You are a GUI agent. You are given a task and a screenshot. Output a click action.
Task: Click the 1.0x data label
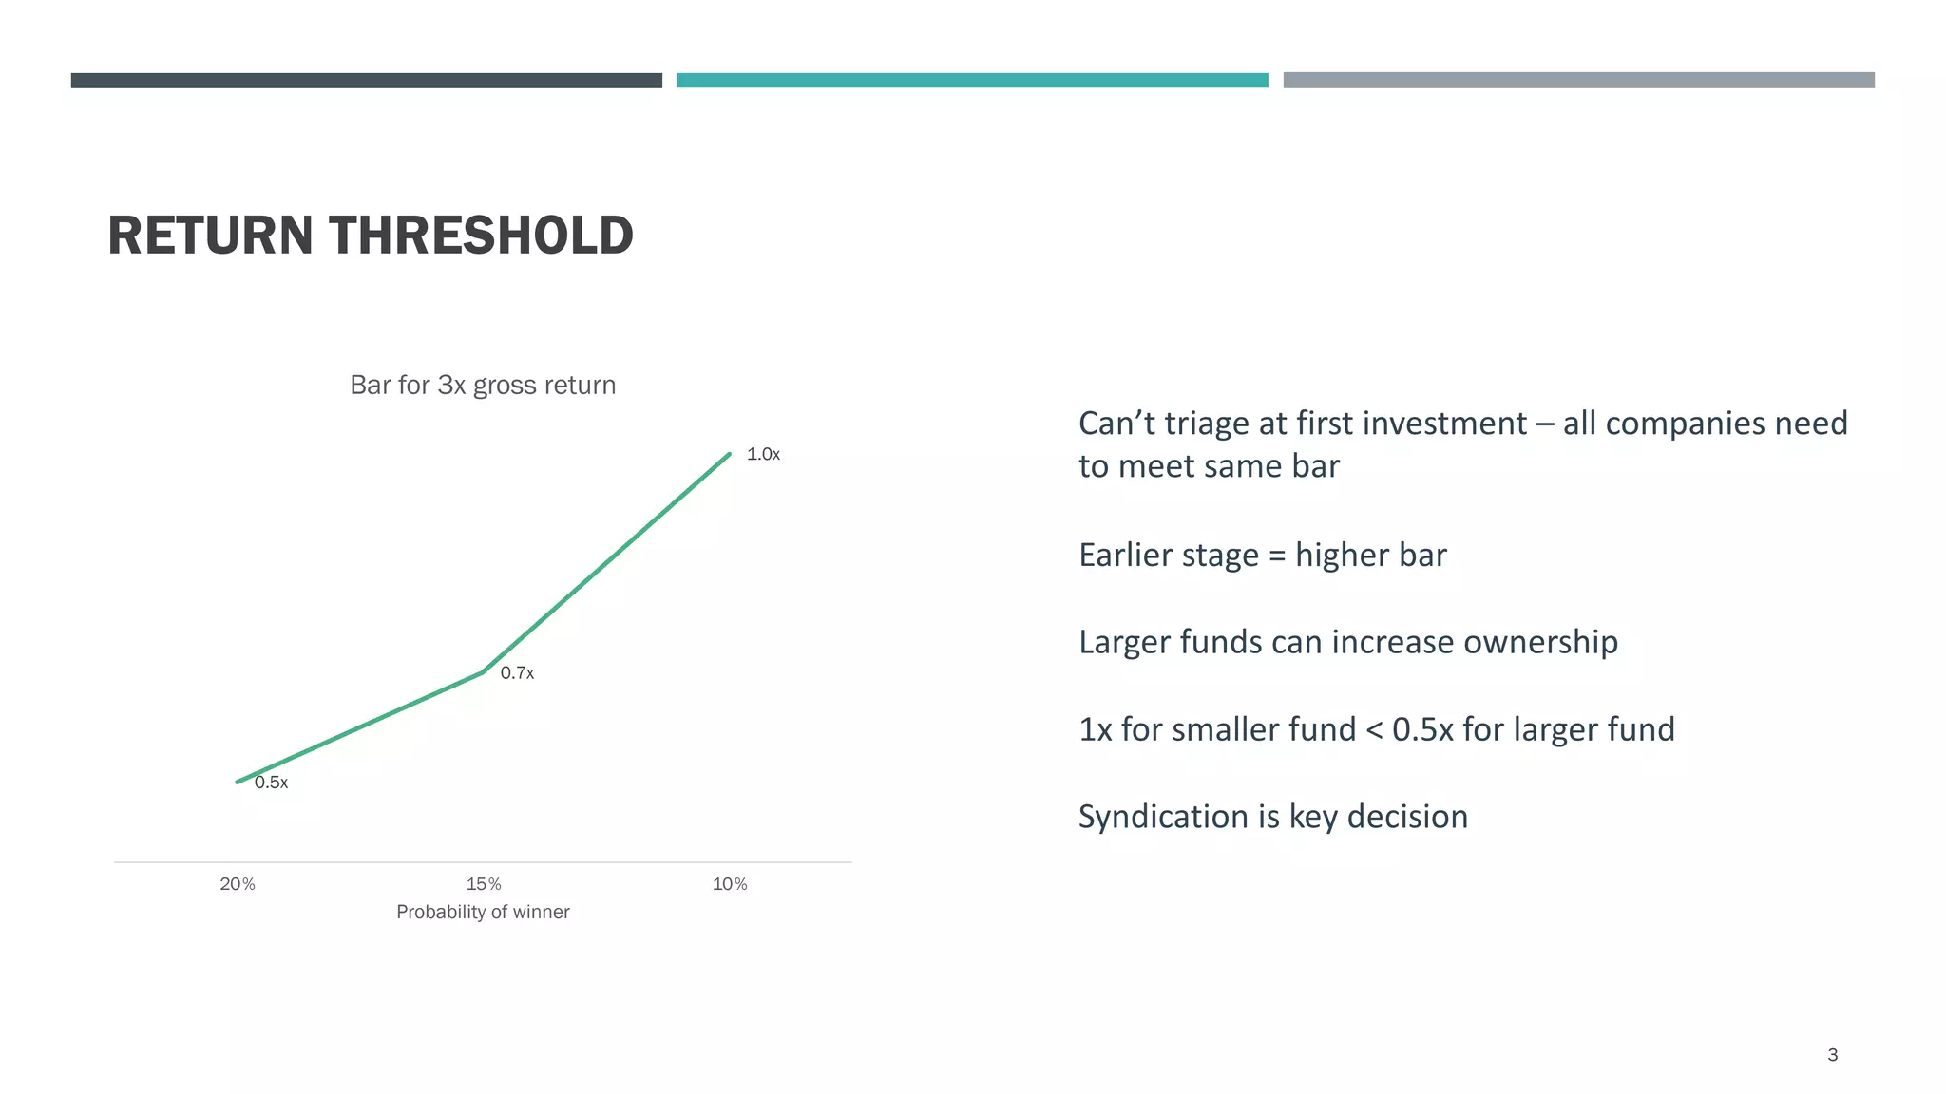[x=763, y=455]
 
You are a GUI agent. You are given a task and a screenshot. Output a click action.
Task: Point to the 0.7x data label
[x=517, y=673]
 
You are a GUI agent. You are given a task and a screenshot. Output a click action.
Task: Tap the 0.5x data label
[x=271, y=783]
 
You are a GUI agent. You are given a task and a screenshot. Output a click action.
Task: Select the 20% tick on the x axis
[x=238, y=884]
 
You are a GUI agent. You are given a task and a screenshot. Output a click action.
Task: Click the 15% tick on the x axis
[x=484, y=884]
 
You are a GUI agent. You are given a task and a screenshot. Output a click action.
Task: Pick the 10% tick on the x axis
[x=730, y=884]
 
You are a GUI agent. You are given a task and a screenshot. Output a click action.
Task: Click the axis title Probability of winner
[x=483, y=912]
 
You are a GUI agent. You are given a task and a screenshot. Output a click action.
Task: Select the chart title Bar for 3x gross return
[x=483, y=386]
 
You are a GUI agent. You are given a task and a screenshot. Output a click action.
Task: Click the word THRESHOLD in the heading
[x=481, y=236]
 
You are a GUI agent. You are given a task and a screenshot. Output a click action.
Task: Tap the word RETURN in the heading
[x=210, y=236]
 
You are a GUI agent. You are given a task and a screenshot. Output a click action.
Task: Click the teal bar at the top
[x=972, y=81]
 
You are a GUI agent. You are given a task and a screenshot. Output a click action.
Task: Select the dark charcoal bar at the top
[x=366, y=81]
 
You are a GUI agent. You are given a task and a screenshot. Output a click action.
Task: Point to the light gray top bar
[x=1578, y=81]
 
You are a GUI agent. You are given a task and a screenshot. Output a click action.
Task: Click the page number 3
[x=1832, y=1055]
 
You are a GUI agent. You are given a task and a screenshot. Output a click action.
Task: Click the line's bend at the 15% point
[x=484, y=672]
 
